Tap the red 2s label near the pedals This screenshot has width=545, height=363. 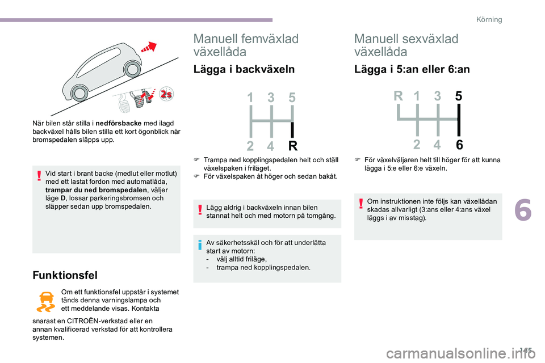click(166, 94)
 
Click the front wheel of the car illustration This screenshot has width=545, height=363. click(132, 69)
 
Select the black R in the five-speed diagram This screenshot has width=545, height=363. click(293, 147)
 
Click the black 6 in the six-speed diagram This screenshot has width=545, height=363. click(458, 145)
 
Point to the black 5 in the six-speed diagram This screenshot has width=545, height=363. click(458, 97)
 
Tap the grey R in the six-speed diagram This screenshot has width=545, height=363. click(397, 97)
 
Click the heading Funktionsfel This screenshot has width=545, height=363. click(65, 275)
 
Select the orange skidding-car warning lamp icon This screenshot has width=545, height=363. click(45, 302)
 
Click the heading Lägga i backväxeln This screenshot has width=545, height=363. click(244, 69)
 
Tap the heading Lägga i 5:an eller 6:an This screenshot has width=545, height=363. click(412, 69)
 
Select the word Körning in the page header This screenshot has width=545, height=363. click(489, 20)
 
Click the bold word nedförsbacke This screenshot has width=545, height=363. click(119, 123)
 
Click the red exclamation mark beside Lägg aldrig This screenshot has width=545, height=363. click(202, 211)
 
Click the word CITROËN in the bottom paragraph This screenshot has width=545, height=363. click(91, 321)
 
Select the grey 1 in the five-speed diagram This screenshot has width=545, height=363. click(250, 98)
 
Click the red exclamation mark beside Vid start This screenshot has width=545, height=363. click(40, 178)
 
